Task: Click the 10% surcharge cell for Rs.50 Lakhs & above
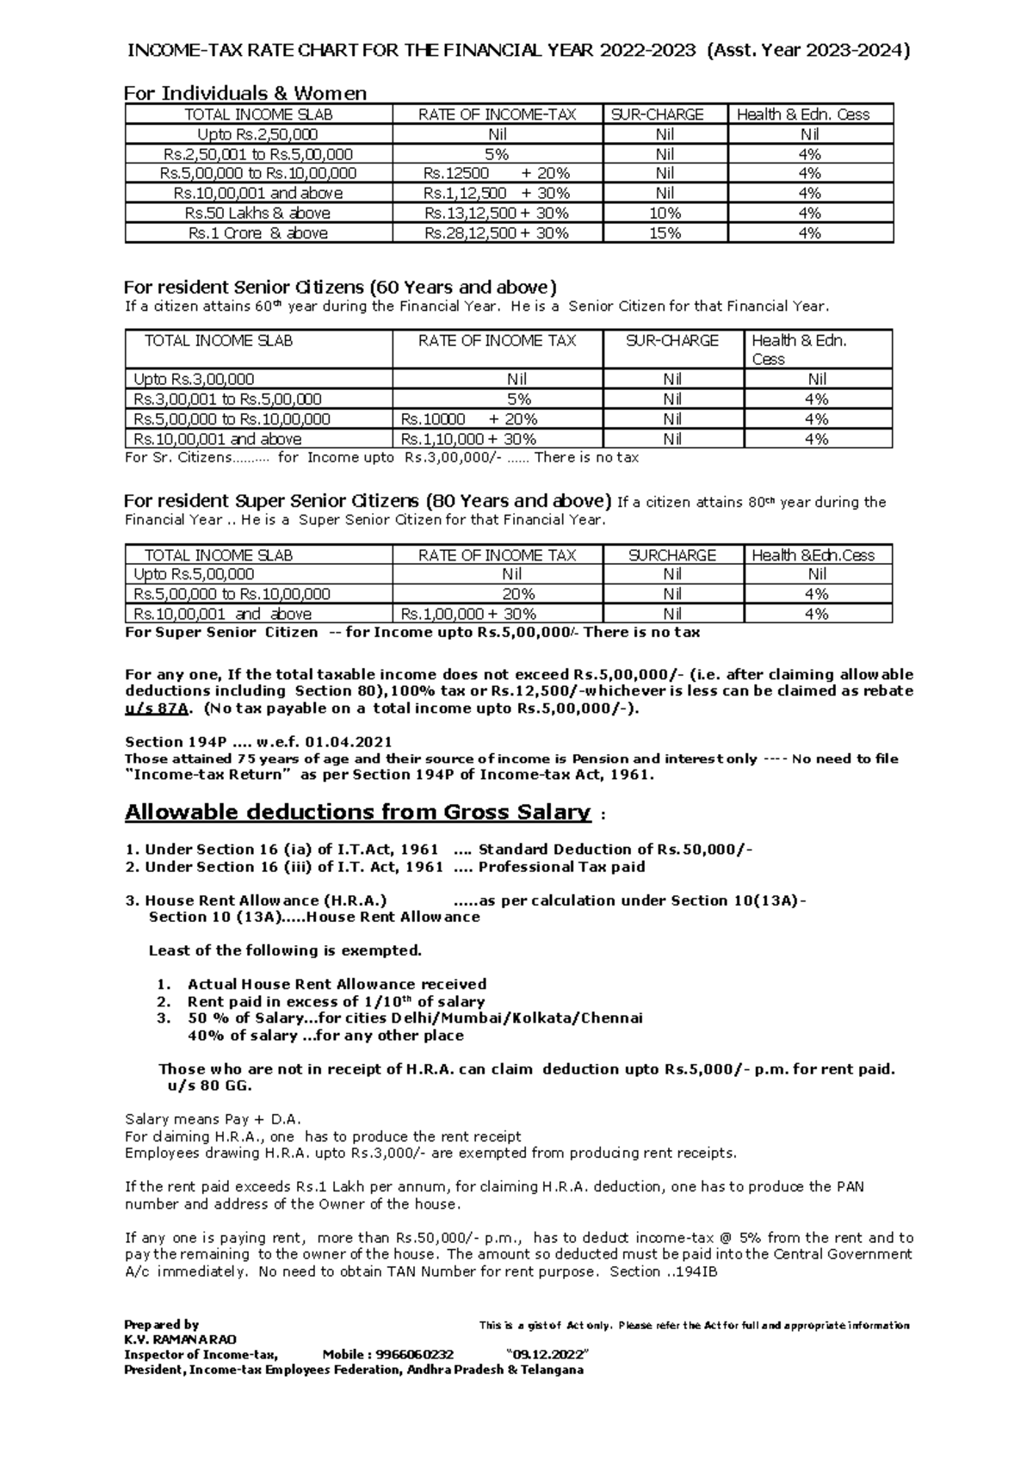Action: coord(664,213)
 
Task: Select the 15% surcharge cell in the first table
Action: coord(664,232)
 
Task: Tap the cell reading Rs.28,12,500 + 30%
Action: coord(497,232)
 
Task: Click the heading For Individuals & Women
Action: coord(245,93)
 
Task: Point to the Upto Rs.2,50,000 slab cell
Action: coord(257,134)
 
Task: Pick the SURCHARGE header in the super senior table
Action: coord(672,555)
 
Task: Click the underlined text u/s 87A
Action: coord(156,708)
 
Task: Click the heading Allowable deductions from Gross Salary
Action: coord(358,812)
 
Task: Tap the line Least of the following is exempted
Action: coord(285,950)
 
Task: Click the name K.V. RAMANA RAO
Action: coord(180,1339)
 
